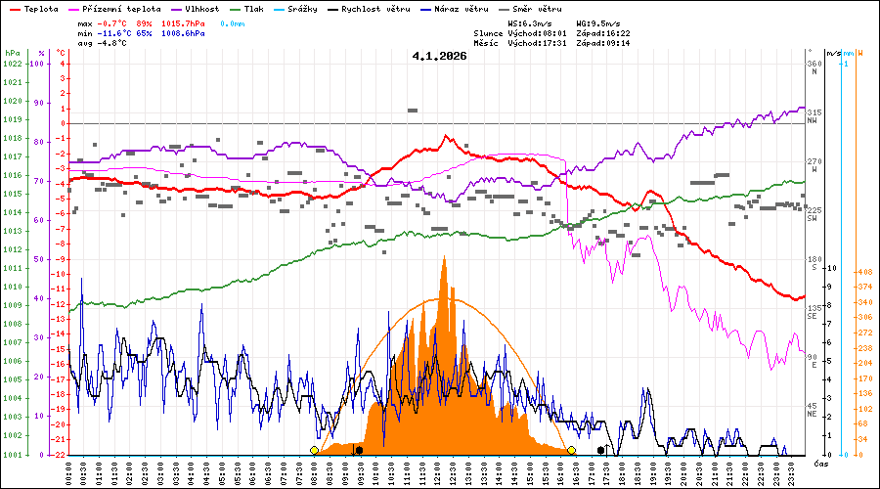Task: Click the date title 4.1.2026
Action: [439, 56]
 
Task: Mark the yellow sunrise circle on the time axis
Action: [314, 450]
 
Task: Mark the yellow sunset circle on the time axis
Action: [571, 450]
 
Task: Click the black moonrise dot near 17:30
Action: [600, 450]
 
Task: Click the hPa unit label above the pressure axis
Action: [12, 53]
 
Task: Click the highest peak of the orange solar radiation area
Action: [445, 257]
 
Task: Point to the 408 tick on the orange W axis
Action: [863, 272]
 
